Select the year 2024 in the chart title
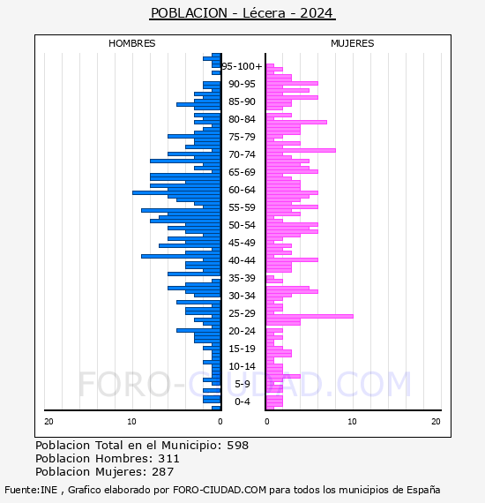317,13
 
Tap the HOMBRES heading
131,43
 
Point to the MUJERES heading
352,43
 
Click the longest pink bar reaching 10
309,315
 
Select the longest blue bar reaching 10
176,191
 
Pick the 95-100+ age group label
242,66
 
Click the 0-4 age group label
242,402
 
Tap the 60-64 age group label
242,190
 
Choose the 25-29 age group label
242,313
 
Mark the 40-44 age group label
242,260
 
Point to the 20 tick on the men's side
48,422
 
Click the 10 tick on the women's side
352,422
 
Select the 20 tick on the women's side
436,422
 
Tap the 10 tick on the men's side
132,422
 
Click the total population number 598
237,446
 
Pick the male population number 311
168,459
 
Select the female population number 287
163,472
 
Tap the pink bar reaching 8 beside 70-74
300,150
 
